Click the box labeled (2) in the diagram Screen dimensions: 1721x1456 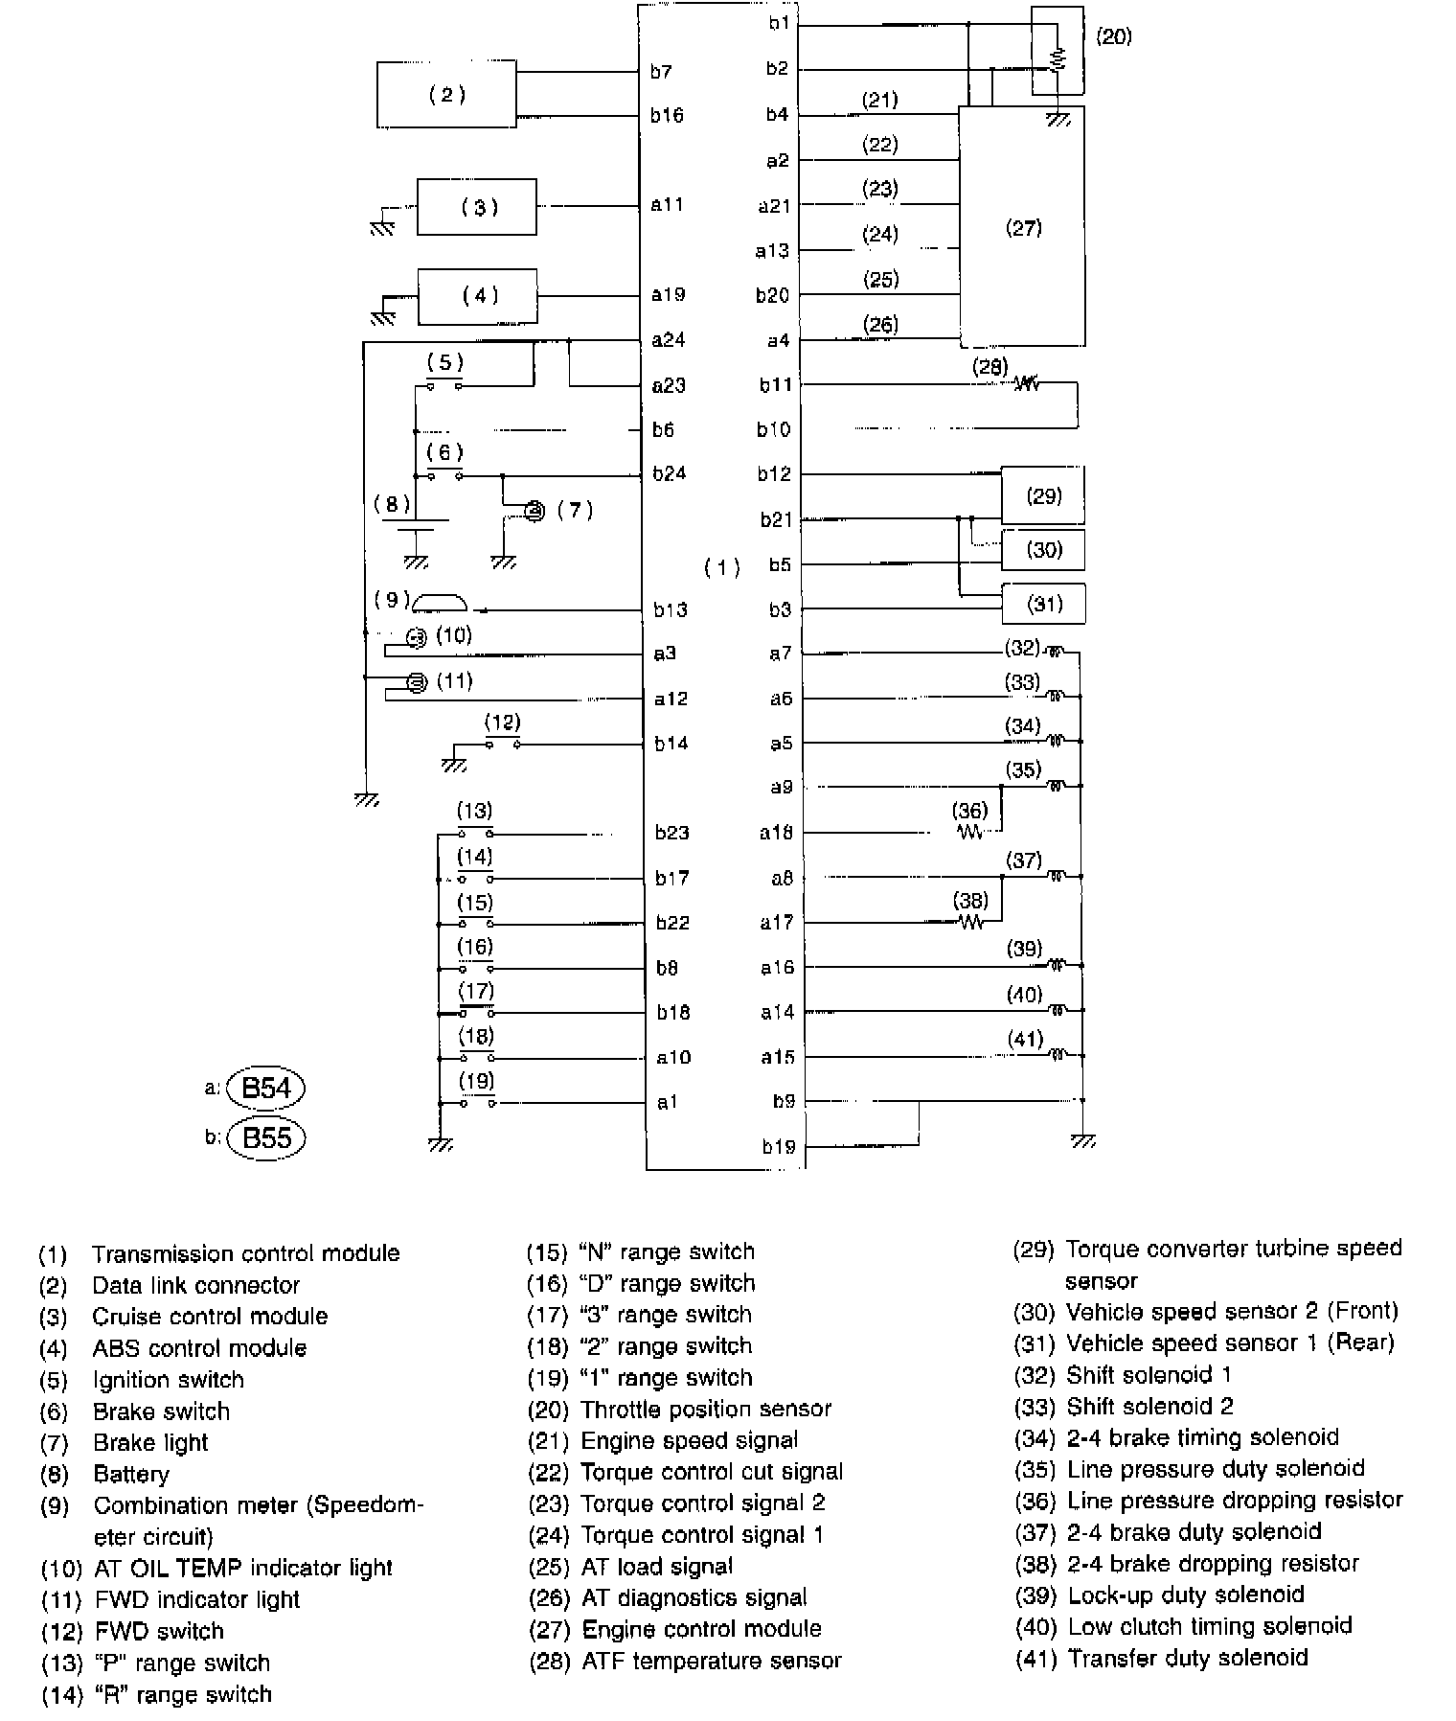(446, 94)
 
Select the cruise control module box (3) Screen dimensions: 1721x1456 (477, 206)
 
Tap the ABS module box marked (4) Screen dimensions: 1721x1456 (477, 296)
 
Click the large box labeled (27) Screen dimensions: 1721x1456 (1022, 227)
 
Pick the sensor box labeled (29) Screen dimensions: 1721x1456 (1043, 495)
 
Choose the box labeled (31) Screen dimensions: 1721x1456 (1043, 604)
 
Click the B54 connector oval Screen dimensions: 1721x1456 (265, 1088)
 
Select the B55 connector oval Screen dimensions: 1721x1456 (265, 1137)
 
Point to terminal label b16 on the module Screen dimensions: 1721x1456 (667, 115)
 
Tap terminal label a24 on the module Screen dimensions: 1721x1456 (668, 339)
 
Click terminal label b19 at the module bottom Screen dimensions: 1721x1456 (779, 1146)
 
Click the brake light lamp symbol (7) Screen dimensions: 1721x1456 (535, 513)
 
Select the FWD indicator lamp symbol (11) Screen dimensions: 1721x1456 (416, 682)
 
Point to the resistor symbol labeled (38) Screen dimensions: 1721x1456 (971, 923)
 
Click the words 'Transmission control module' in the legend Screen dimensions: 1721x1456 (245, 1253)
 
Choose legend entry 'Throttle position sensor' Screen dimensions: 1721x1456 (705, 1409)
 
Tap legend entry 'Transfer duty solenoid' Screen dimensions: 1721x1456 (1187, 1658)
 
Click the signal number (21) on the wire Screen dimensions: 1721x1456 (879, 100)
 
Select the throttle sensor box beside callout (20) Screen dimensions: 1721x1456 (1058, 51)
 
